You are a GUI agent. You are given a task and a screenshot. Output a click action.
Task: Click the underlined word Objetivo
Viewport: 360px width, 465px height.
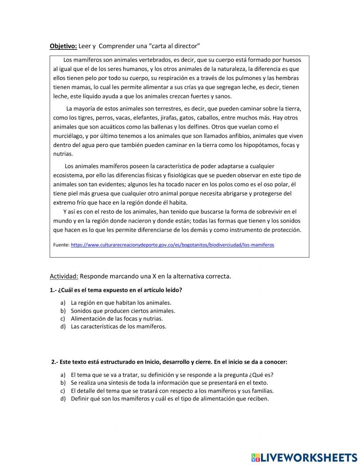point(63,46)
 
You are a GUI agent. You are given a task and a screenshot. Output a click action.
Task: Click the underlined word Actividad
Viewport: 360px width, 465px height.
point(64,276)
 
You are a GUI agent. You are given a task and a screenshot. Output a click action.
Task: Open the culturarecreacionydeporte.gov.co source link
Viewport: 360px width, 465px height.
point(172,245)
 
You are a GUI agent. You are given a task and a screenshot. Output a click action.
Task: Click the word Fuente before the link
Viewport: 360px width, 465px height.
point(61,245)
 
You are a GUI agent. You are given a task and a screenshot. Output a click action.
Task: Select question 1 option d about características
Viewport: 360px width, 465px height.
point(118,327)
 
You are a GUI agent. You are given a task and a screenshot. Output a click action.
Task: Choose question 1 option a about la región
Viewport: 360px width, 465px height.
point(121,303)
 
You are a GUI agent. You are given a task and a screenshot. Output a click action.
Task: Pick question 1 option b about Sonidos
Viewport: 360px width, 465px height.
point(123,311)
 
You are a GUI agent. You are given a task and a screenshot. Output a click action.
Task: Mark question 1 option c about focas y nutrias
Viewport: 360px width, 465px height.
point(117,319)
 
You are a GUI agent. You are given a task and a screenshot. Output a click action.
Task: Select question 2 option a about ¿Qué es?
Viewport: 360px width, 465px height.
point(174,375)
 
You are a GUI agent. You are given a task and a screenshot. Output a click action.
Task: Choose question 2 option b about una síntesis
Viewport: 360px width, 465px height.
point(169,383)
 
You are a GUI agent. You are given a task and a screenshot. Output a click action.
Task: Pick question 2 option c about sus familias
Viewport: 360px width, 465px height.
point(172,391)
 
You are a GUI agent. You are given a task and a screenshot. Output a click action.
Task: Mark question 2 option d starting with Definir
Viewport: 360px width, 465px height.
point(170,399)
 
